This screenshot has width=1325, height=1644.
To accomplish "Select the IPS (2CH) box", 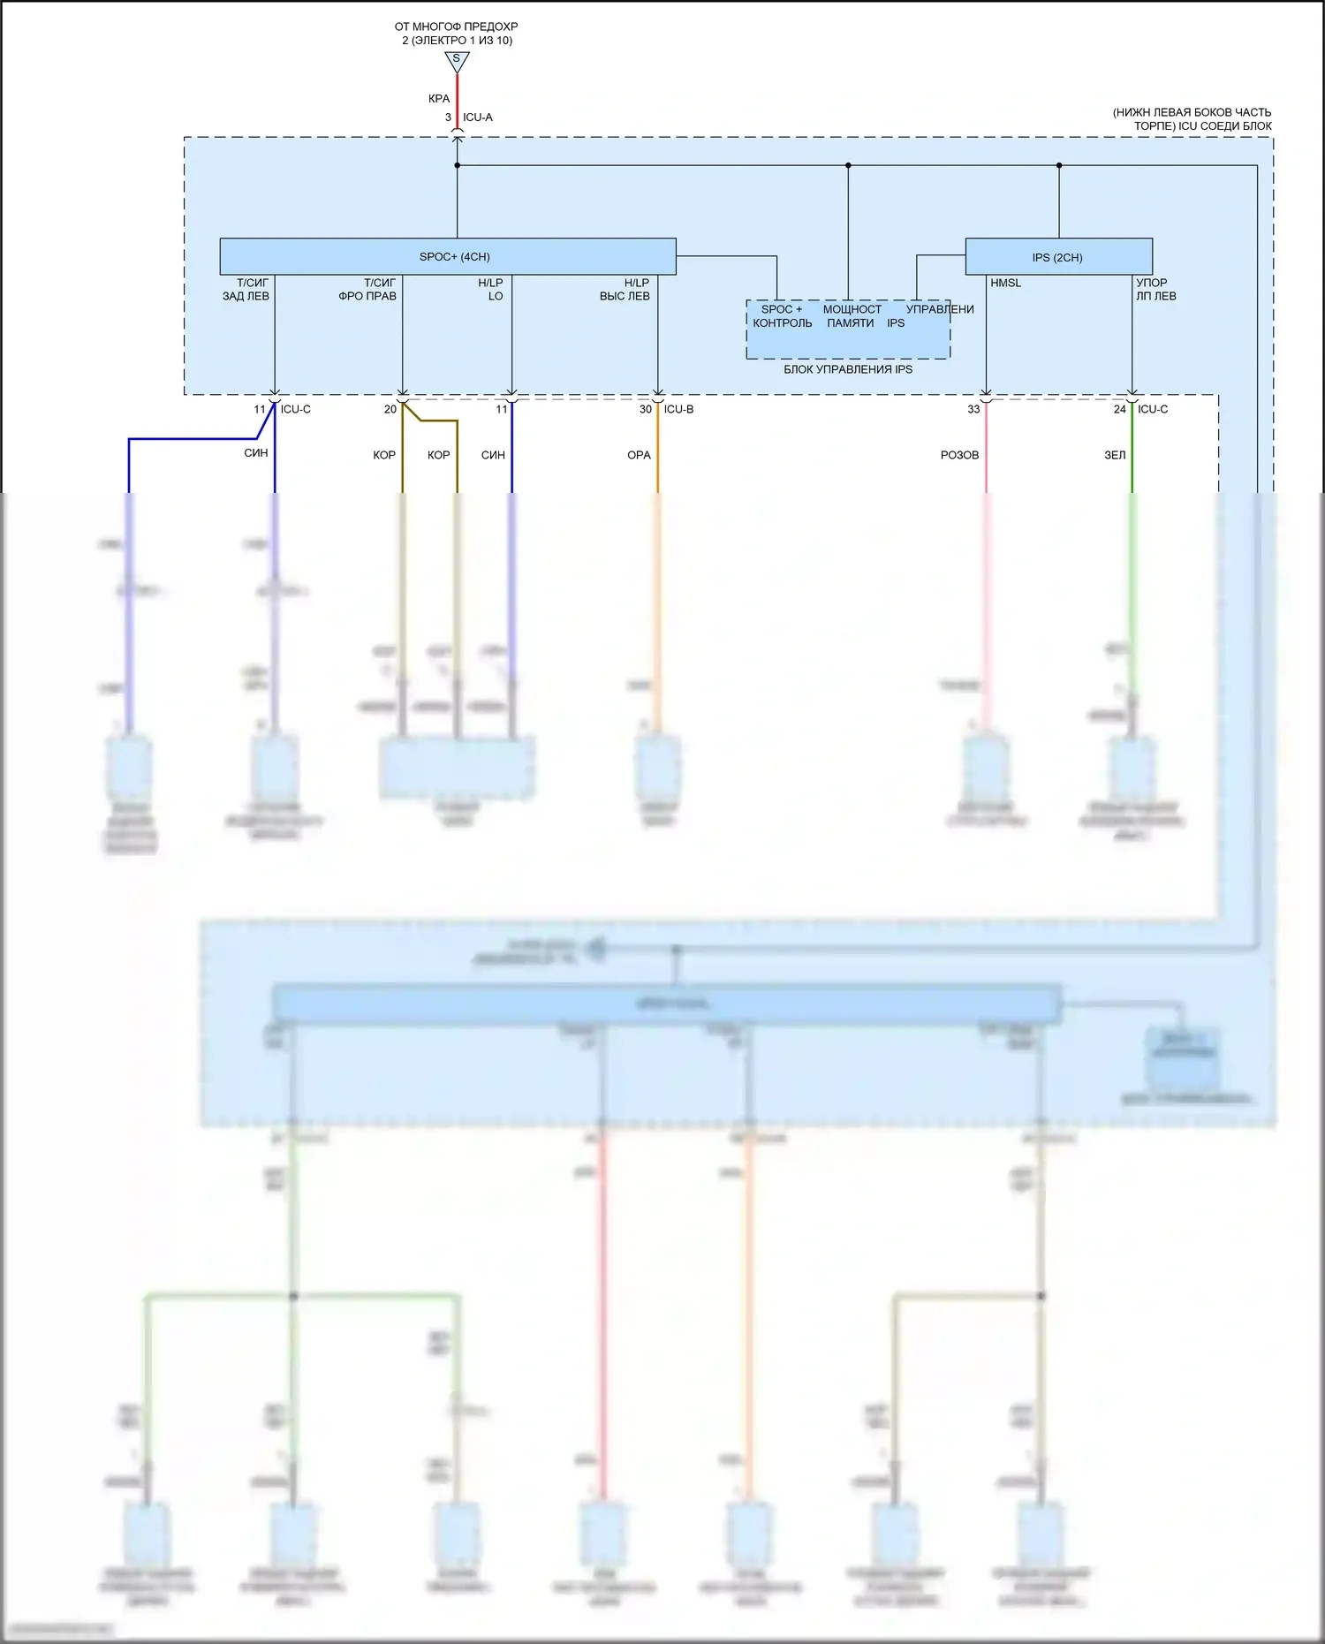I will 1058,257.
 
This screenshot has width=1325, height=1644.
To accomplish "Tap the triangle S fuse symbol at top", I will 457,61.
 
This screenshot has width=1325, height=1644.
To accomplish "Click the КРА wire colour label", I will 439,99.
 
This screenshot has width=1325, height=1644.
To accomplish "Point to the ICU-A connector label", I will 478,117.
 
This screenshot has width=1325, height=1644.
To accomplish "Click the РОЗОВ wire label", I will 959,455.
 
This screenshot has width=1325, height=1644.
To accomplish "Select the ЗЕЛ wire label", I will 1115,455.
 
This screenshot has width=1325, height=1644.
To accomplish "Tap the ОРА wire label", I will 639,455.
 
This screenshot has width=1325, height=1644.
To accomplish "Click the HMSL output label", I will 1005,283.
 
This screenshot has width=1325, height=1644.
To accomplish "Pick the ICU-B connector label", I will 678,409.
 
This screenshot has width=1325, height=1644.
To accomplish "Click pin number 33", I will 973,409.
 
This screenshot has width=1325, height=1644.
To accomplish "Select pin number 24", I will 1119,409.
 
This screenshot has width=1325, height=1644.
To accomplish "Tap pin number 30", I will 646,409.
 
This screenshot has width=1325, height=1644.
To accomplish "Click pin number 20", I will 390,409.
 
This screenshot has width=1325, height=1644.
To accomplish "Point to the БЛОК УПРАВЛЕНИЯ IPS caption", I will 848,369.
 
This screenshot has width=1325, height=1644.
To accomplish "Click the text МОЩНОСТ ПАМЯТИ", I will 852,316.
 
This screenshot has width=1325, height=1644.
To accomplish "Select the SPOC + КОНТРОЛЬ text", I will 782,316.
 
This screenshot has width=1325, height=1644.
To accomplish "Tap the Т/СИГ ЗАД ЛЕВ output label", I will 246,290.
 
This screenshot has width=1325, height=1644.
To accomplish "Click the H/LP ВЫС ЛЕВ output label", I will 625,290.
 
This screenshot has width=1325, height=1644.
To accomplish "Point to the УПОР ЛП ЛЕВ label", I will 1155,290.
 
